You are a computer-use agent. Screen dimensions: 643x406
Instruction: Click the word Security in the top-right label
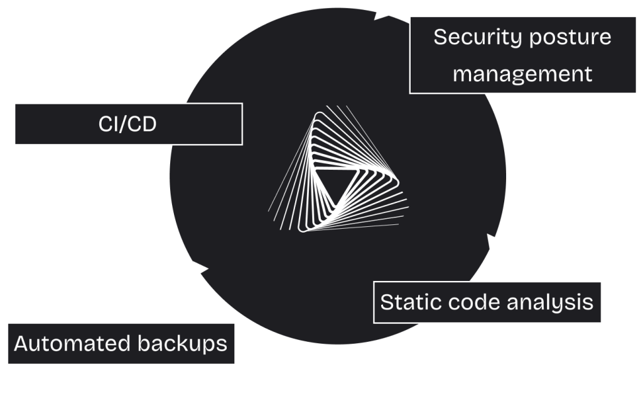tap(478, 37)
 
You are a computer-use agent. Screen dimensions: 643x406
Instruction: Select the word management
tap(522, 74)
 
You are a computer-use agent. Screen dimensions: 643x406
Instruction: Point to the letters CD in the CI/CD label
tap(141, 124)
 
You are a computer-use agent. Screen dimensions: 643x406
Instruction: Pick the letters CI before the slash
tap(107, 124)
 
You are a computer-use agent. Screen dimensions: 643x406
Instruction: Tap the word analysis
tap(550, 303)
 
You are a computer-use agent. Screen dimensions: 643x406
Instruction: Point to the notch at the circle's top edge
tap(376, 17)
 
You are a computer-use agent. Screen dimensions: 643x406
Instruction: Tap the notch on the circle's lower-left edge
tap(203, 267)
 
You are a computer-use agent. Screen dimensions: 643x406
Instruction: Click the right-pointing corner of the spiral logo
tap(397, 180)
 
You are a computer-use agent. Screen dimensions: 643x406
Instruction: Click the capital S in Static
tap(387, 302)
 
